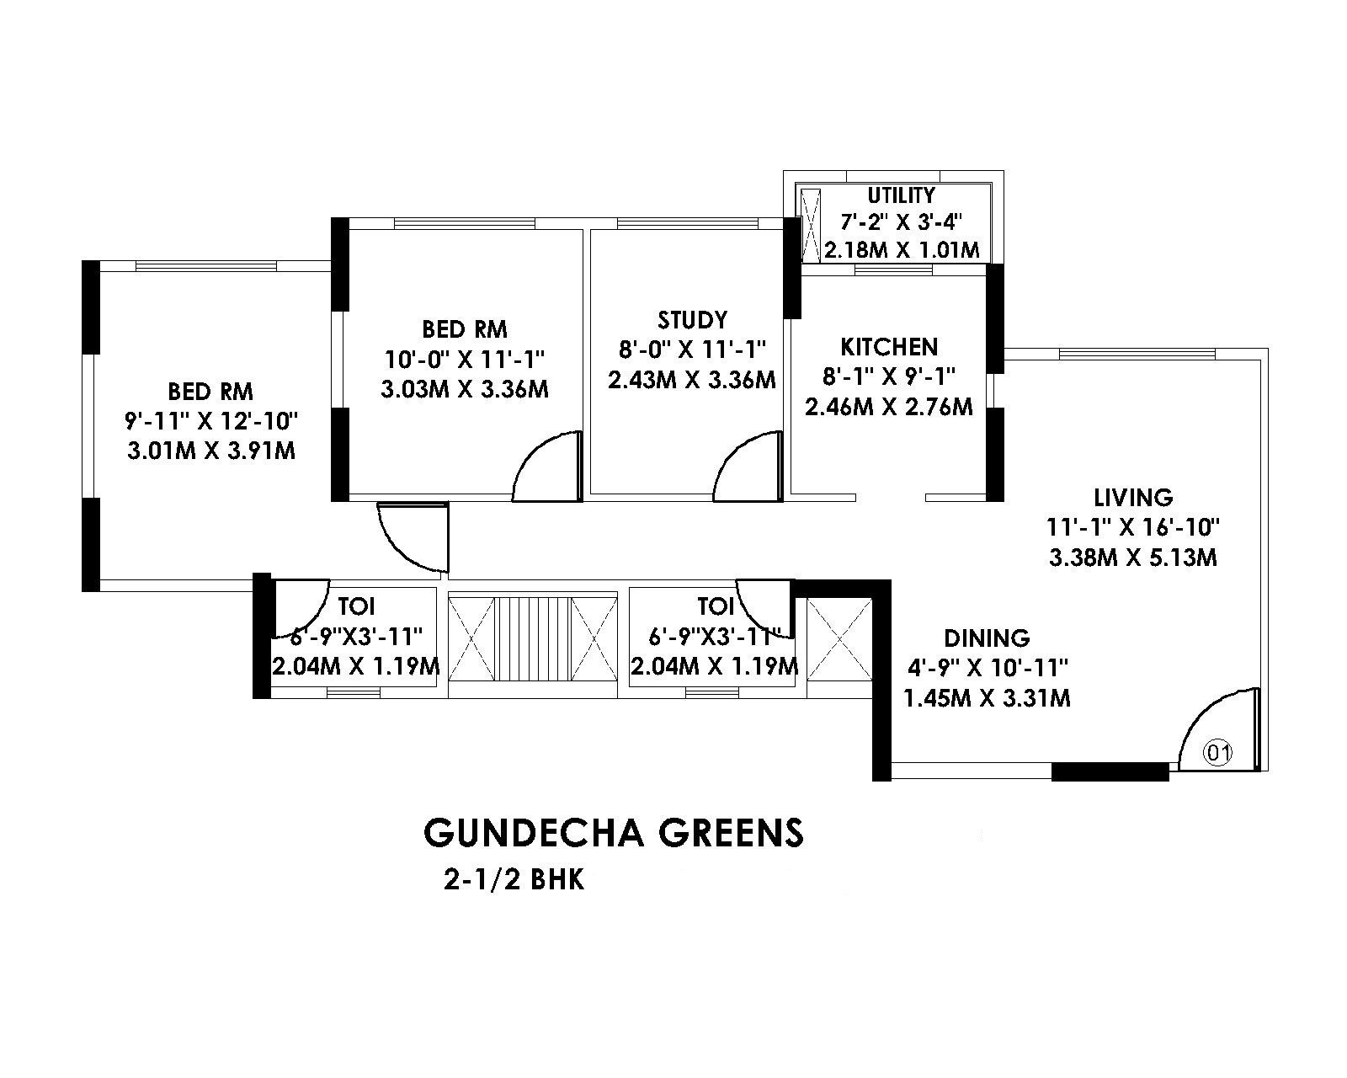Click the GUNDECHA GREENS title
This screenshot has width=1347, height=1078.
coord(614,832)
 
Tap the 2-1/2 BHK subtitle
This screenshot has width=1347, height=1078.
coord(514,881)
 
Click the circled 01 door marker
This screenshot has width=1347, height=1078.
coord(1217,752)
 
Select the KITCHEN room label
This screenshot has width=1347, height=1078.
coord(888,347)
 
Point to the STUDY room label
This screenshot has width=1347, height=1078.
coord(692,320)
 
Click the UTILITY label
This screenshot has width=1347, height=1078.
coord(901,195)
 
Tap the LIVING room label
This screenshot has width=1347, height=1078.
coord(1133,497)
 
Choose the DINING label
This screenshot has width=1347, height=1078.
coord(987,638)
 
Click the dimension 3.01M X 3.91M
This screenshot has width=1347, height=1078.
coord(210,451)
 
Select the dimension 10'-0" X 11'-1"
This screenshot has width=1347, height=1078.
coord(465,360)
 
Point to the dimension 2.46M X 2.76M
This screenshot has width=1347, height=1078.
coord(889,408)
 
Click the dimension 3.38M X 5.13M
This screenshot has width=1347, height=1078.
coord(1133,558)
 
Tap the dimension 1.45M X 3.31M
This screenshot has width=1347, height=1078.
coord(987,698)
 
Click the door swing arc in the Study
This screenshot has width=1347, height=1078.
coord(745,467)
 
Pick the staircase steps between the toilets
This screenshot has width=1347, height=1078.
coord(534,638)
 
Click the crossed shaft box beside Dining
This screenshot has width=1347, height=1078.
coord(839,638)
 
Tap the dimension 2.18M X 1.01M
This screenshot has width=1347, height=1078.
coord(902,250)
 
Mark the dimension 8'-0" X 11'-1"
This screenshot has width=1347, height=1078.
coord(692,350)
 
